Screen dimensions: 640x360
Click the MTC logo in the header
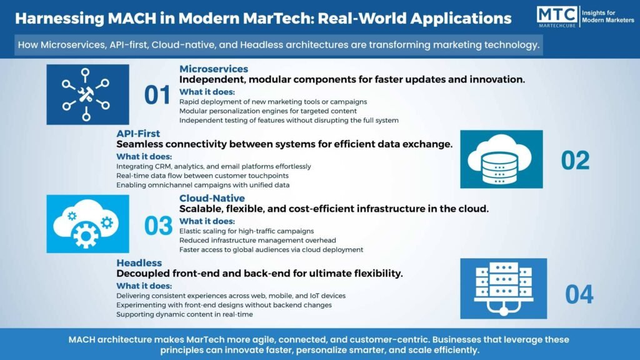(x=557, y=17)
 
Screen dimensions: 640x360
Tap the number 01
(x=157, y=95)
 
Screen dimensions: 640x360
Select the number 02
(x=575, y=160)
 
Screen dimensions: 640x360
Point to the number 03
(x=158, y=226)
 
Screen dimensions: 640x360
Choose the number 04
(x=579, y=294)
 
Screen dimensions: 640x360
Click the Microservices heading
(x=214, y=69)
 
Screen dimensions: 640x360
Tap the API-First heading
(x=138, y=134)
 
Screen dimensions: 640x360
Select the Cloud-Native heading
(x=212, y=198)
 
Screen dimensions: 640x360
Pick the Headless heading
(x=139, y=263)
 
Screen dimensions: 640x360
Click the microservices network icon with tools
(x=87, y=94)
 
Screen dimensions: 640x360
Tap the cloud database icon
(x=501, y=159)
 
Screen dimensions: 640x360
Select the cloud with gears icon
(x=87, y=224)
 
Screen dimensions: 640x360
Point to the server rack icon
(x=503, y=289)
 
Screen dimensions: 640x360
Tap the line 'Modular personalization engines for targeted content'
(x=267, y=111)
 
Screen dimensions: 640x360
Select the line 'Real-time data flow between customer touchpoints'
(x=202, y=176)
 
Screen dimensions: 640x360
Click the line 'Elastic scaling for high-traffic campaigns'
(x=246, y=231)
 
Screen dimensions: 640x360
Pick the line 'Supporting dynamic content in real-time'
(x=184, y=314)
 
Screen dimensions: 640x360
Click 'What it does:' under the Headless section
(x=144, y=286)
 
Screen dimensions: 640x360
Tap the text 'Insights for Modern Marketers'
(x=607, y=16)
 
